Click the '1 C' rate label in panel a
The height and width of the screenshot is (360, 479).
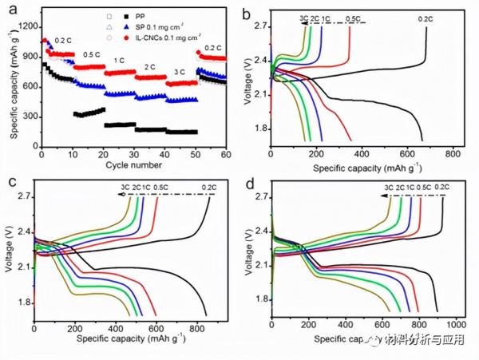(x=118, y=61)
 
